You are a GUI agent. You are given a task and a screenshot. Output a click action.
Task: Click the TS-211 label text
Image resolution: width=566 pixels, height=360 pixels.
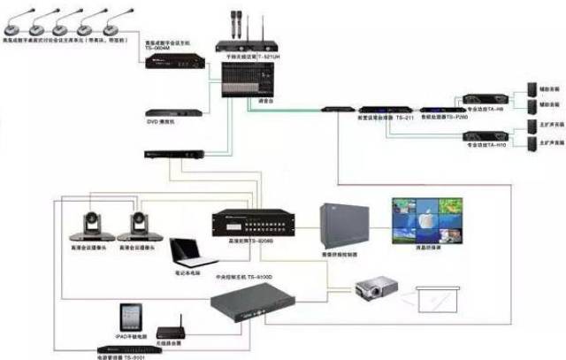tap(405, 117)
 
